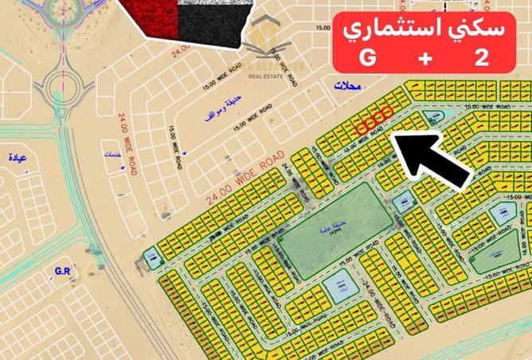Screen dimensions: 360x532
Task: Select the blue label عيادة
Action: click(17, 158)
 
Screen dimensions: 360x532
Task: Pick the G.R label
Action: click(64, 272)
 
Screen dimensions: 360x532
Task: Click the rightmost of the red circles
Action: click(387, 112)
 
